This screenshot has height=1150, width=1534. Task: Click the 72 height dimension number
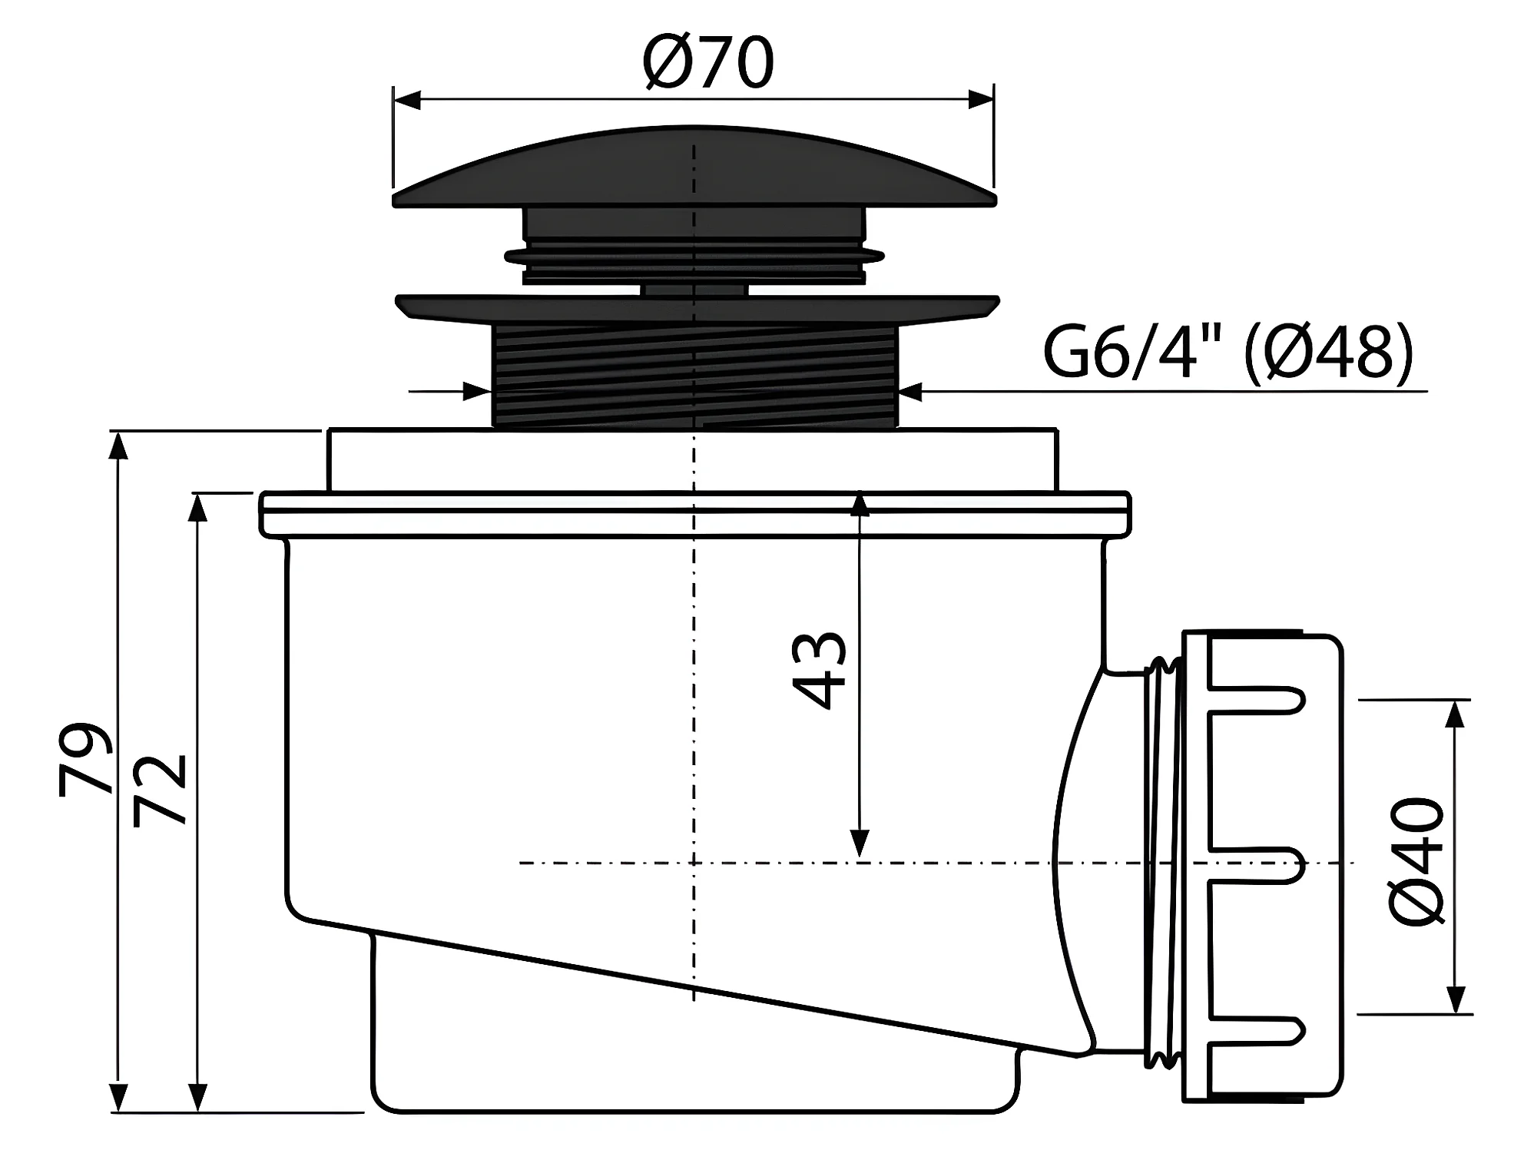click(x=160, y=790)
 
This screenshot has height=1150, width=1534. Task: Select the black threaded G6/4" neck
click(x=694, y=375)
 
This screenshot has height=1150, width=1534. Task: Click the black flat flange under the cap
click(x=697, y=309)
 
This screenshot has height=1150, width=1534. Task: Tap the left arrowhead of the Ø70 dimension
click(x=407, y=100)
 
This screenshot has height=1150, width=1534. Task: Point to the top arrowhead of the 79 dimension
click(x=118, y=446)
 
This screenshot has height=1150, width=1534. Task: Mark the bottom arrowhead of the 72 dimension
click(x=198, y=1096)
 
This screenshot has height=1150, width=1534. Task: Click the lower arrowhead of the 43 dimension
click(x=860, y=843)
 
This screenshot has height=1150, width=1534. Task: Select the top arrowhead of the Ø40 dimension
click(x=1453, y=714)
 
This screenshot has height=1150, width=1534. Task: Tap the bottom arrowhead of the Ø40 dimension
click(x=1453, y=999)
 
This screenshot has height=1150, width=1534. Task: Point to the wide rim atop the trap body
click(x=695, y=513)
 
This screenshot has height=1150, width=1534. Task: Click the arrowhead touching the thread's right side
click(x=911, y=392)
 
